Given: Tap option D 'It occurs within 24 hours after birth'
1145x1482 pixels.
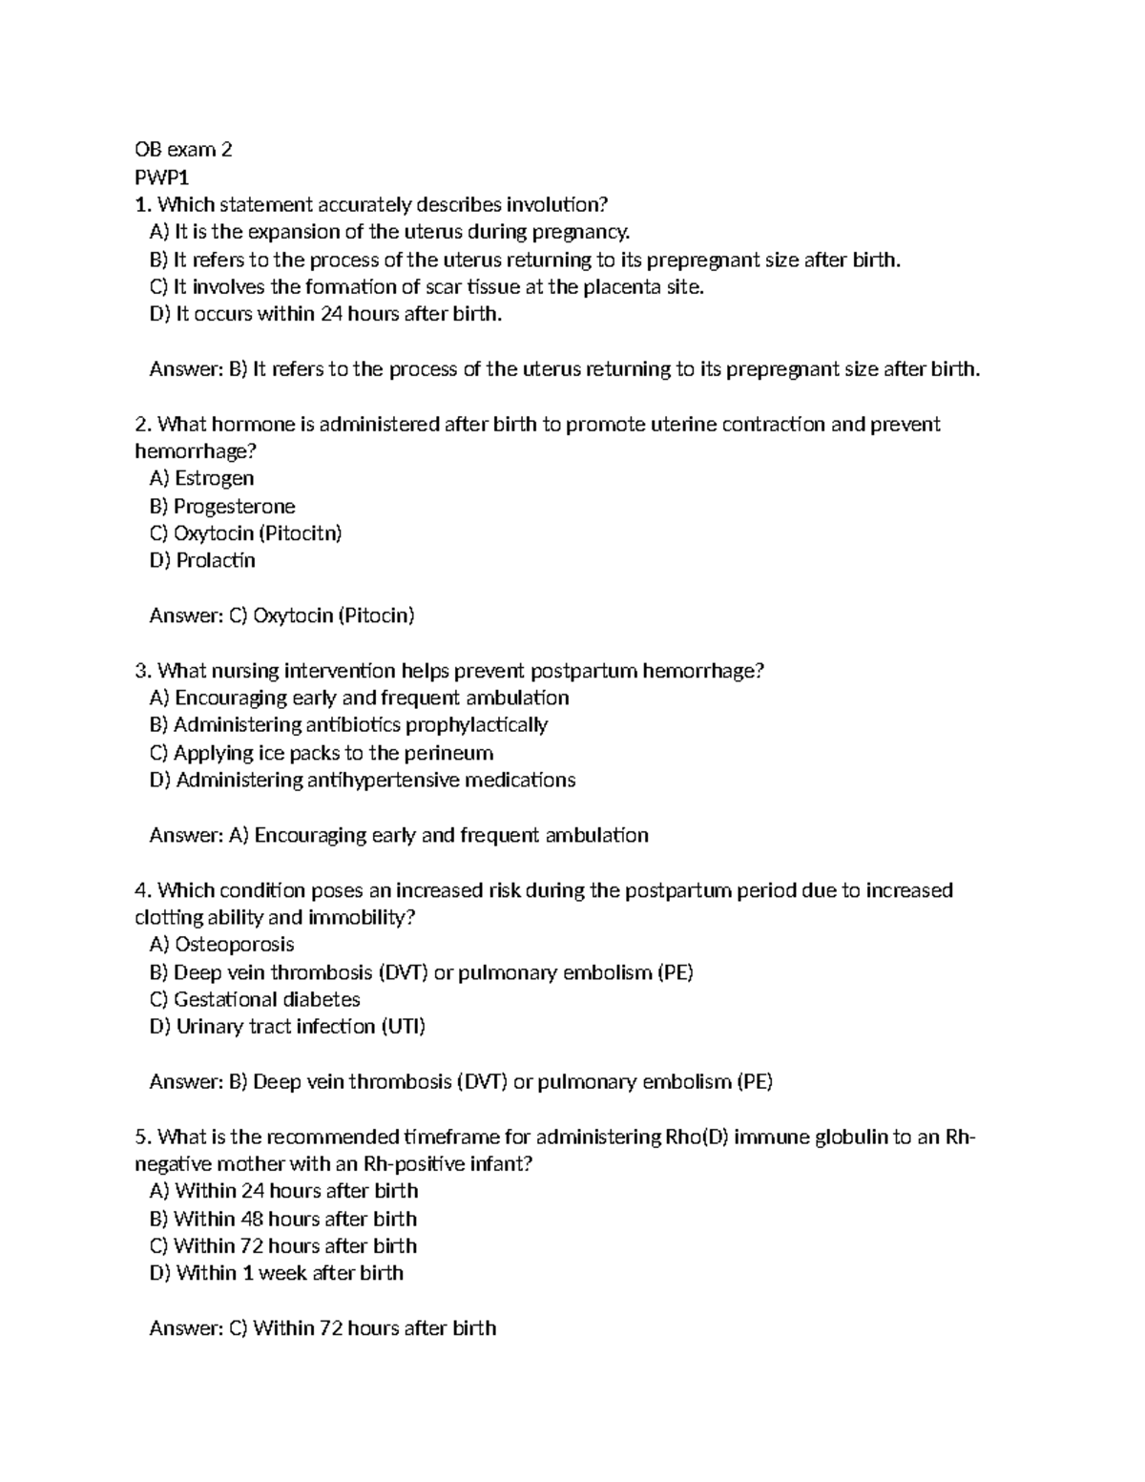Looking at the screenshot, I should [325, 314].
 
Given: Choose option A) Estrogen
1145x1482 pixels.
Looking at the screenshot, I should [202, 478].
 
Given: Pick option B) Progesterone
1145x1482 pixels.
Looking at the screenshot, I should [222, 506].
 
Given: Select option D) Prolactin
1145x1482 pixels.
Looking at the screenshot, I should [202, 560].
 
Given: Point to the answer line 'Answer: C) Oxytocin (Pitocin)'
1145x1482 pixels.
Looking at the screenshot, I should [281, 616].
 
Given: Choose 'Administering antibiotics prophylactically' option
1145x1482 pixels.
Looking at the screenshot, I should [348, 725].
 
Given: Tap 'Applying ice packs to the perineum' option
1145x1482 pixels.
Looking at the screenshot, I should [322, 753].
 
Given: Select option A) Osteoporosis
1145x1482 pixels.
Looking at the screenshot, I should [221, 945].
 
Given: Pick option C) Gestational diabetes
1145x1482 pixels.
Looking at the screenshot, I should [255, 999].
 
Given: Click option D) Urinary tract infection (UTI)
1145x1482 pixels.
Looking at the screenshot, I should [287, 1027].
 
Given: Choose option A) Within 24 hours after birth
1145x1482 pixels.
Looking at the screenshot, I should [283, 1191].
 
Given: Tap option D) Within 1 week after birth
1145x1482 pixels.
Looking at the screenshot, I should [277, 1273].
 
